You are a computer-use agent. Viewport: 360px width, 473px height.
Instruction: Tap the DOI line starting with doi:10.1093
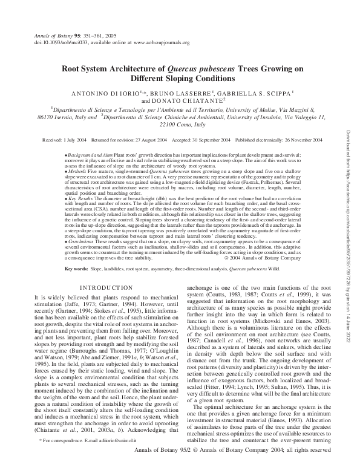[x=103, y=43]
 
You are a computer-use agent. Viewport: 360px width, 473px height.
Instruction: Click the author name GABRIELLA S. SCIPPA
[x=260, y=93]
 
